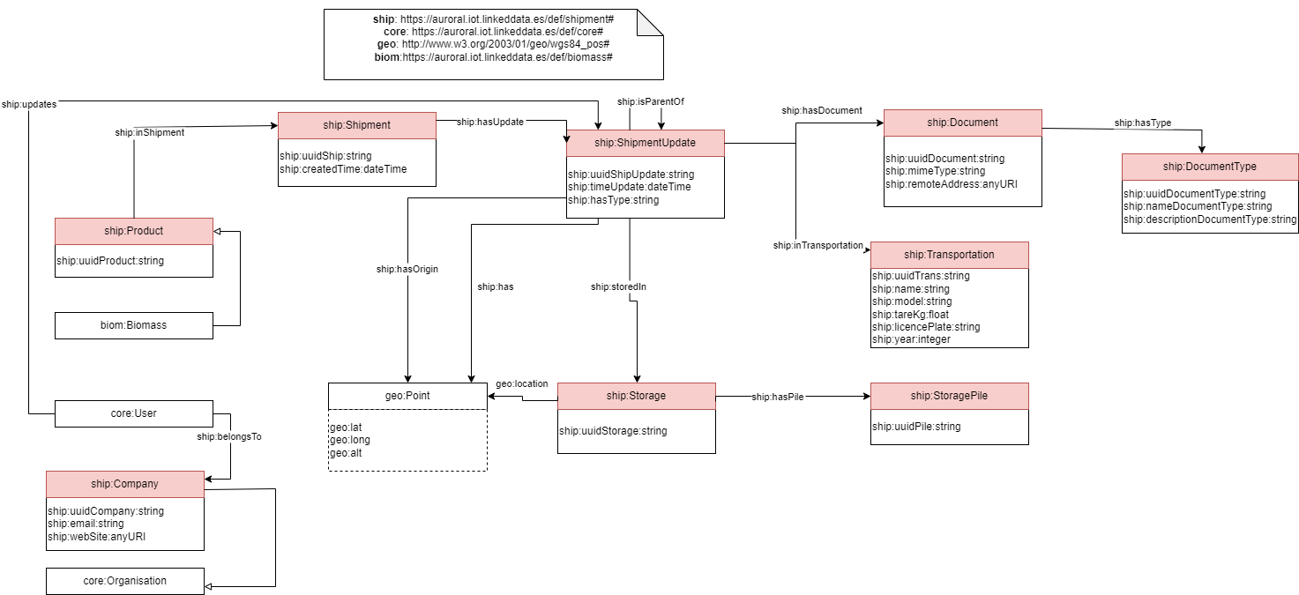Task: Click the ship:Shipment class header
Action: pos(357,125)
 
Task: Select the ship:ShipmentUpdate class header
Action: pos(645,143)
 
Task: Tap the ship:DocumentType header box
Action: pos(1209,167)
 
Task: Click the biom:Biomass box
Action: pos(134,325)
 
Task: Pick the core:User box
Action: pos(134,413)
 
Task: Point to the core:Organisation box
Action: pos(125,581)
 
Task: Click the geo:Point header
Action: pos(407,396)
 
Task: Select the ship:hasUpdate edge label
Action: pos(491,123)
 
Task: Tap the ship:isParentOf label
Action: pos(651,102)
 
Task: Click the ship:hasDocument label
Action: pos(822,111)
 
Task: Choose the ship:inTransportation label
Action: pos(818,246)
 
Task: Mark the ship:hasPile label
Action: pos(778,398)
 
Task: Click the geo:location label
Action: pos(522,384)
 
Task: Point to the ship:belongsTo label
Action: pos(229,436)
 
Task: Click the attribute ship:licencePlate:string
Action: pos(926,327)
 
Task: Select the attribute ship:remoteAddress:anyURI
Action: pos(951,184)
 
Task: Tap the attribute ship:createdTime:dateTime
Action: pos(343,169)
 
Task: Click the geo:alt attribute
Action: pos(346,453)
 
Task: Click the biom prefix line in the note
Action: pos(493,56)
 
